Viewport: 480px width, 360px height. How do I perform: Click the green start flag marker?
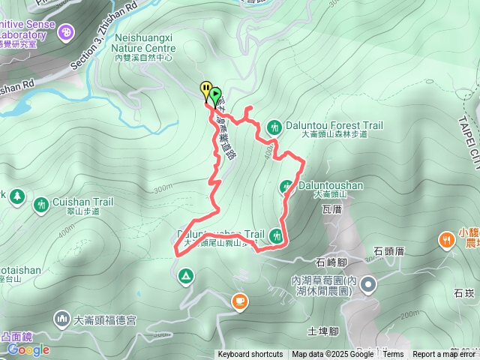pyautogui.click(x=216, y=95)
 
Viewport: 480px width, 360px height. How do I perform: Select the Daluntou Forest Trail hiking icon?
pyautogui.click(x=274, y=126)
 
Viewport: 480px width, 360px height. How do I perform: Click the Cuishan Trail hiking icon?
pyautogui.click(x=41, y=202)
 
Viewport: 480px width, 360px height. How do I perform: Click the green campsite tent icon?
pyautogui.click(x=184, y=277)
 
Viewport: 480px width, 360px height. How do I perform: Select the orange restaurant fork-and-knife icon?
pyautogui.click(x=447, y=240)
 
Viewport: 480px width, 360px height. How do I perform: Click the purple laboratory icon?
pyautogui.click(x=67, y=32)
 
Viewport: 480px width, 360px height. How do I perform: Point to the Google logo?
pyautogui.click(x=28, y=349)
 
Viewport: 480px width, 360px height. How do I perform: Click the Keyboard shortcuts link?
pyautogui.click(x=250, y=355)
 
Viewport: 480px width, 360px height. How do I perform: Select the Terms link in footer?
pyautogui.click(x=393, y=355)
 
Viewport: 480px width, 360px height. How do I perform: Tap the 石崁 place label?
pyautogui.click(x=463, y=293)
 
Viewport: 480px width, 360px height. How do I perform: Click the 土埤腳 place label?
pyautogui.click(x=324, y=331)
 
